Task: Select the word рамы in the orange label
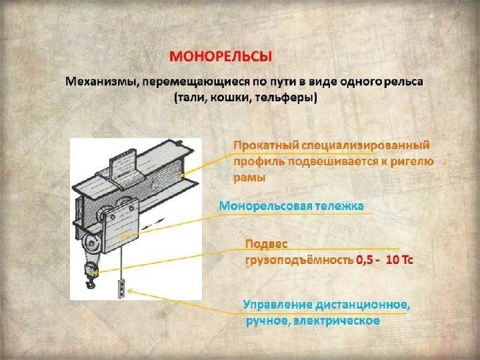coord(249,177)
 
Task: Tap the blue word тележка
coord(339,206)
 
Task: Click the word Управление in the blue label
coord(276,305)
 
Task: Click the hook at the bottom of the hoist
coord(91,276)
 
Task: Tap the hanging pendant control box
coord(121,286)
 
